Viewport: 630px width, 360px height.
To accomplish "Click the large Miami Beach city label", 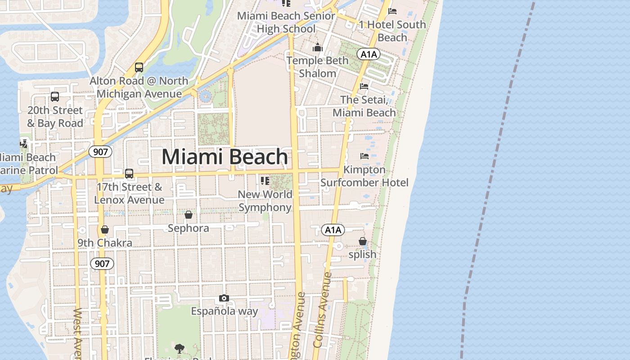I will pyautogui.click(x=225, y=157).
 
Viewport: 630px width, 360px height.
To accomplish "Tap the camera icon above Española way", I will pyautogui.click(x=224, y=298).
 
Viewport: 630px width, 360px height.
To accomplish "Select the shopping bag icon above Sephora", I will pyautogui.click(x=189, y=215).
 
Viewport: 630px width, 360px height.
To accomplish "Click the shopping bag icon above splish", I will pyautogui.click(x=363, y=242).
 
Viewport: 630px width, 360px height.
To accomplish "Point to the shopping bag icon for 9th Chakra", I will pyautogui.click(x=105, y=229).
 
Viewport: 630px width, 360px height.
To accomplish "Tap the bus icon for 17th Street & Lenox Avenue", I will pyautogui.click(x=129, y=173).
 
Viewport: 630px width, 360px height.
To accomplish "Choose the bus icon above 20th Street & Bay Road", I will pyautogui.click(x=55, y=97).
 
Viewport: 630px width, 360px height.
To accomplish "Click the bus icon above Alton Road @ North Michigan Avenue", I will pyautogui.click(x=139, y=67).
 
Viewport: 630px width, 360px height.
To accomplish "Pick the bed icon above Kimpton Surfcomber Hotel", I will pyautogui.click(x=364, y=156).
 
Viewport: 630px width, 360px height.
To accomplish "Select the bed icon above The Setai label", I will pyautogui.click(x=364, y=86).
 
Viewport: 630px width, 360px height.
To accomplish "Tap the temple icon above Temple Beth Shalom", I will pyautogui.click(x=318, y=47).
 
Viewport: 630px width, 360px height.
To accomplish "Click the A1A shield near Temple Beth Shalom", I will pyautogui.click(x=369, y=54).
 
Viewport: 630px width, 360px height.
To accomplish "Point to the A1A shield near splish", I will pyautogui.click(x=333, y=230).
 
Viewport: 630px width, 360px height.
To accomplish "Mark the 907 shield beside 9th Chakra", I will pyautogui.click(x=102, y=263).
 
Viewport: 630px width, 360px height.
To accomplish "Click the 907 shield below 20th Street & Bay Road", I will pyautogui.click(x=100, y=152).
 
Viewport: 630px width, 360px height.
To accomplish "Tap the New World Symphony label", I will pyautogui.click(x=265, y=201).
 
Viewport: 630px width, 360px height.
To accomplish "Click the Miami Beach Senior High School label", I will pyautogui.click(x=286, y=22).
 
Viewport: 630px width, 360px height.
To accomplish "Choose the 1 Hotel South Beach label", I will pyautogui.click(x=392, y=31).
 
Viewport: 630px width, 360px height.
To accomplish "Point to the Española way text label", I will pyautogui.click(x=225, y=311).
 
